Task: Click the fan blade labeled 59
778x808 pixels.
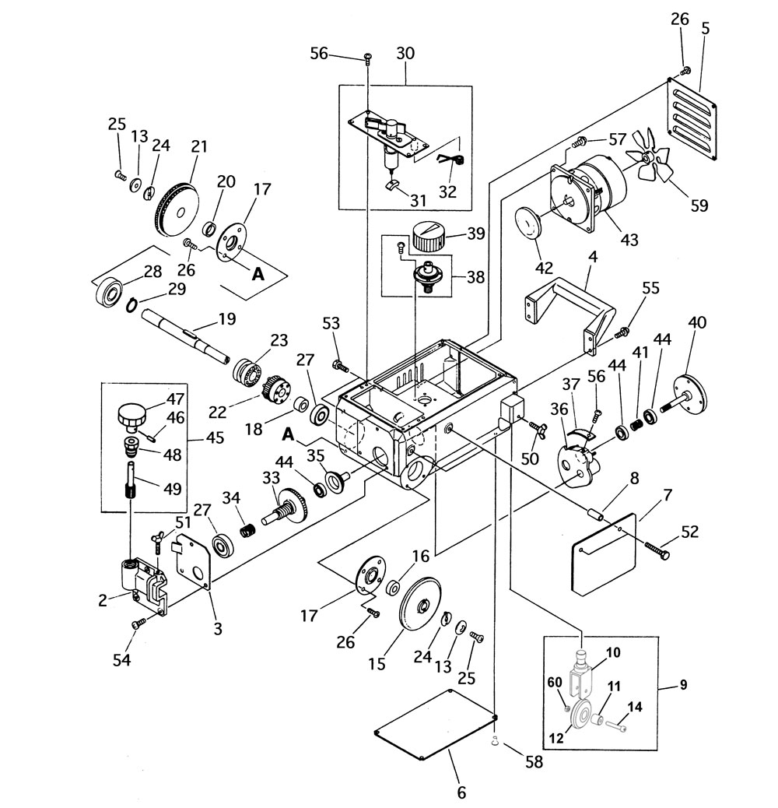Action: (648, 156)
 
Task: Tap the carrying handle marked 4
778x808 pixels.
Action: (570, 315)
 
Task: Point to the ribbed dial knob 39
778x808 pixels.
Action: (427, 237)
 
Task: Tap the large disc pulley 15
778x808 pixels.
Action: (419, 602)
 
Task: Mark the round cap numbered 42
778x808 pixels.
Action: (528, 222)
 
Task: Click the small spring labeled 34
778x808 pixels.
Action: (247, 529)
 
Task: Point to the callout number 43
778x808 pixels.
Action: (629, 239)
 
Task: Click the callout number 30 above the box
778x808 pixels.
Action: (405, 53)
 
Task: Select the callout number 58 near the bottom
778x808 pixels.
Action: (534, 761)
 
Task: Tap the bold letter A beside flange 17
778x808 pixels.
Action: (258, 274)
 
